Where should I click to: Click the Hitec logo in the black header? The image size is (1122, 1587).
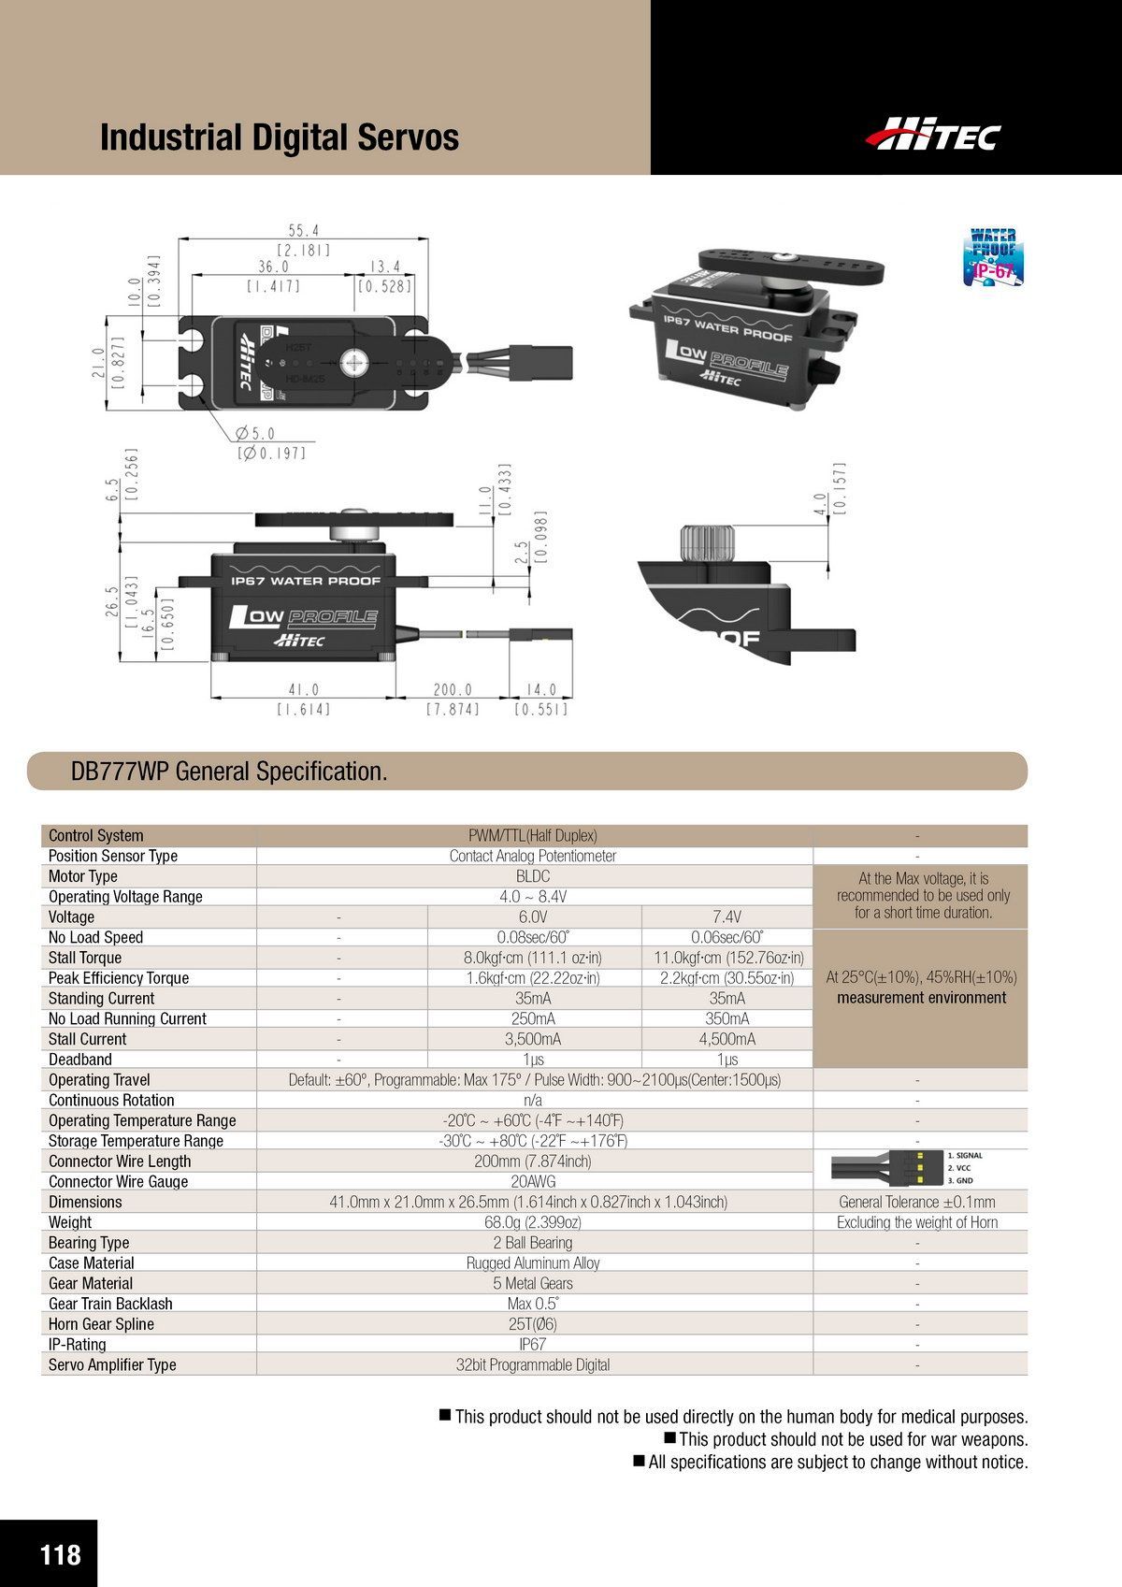[x=932, y=135]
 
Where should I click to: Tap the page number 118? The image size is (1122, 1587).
[x=60, y=1554]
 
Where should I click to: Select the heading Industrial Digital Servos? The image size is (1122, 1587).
[x=280, y=137]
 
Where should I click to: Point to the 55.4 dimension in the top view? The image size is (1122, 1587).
[x=304, y=230]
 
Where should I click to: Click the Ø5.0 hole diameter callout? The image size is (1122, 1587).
[x=255, y=434]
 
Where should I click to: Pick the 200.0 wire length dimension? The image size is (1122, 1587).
[x=453, y=690]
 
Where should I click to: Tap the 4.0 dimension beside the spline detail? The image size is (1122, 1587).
[x=820, y=505]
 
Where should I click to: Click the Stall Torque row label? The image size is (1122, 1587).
[x=85, y=958]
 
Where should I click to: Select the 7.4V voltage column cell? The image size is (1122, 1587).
[x=726, y=916]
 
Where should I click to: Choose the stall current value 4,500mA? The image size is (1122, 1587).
[x=726, y=1039]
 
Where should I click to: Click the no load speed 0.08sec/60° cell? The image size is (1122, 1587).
[x=533, y=937]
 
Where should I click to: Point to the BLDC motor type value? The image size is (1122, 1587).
[x=533, y=876]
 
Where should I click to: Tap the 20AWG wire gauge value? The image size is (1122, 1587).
[x=533, y=1181]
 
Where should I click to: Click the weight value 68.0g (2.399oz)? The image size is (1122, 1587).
[x=533, y=1222]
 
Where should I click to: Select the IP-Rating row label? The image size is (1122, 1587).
[x=78, y=1344]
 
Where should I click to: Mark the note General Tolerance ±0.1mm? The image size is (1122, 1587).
[x=916, y=1202]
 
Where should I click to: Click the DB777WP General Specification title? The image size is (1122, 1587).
[x=229, y=772]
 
